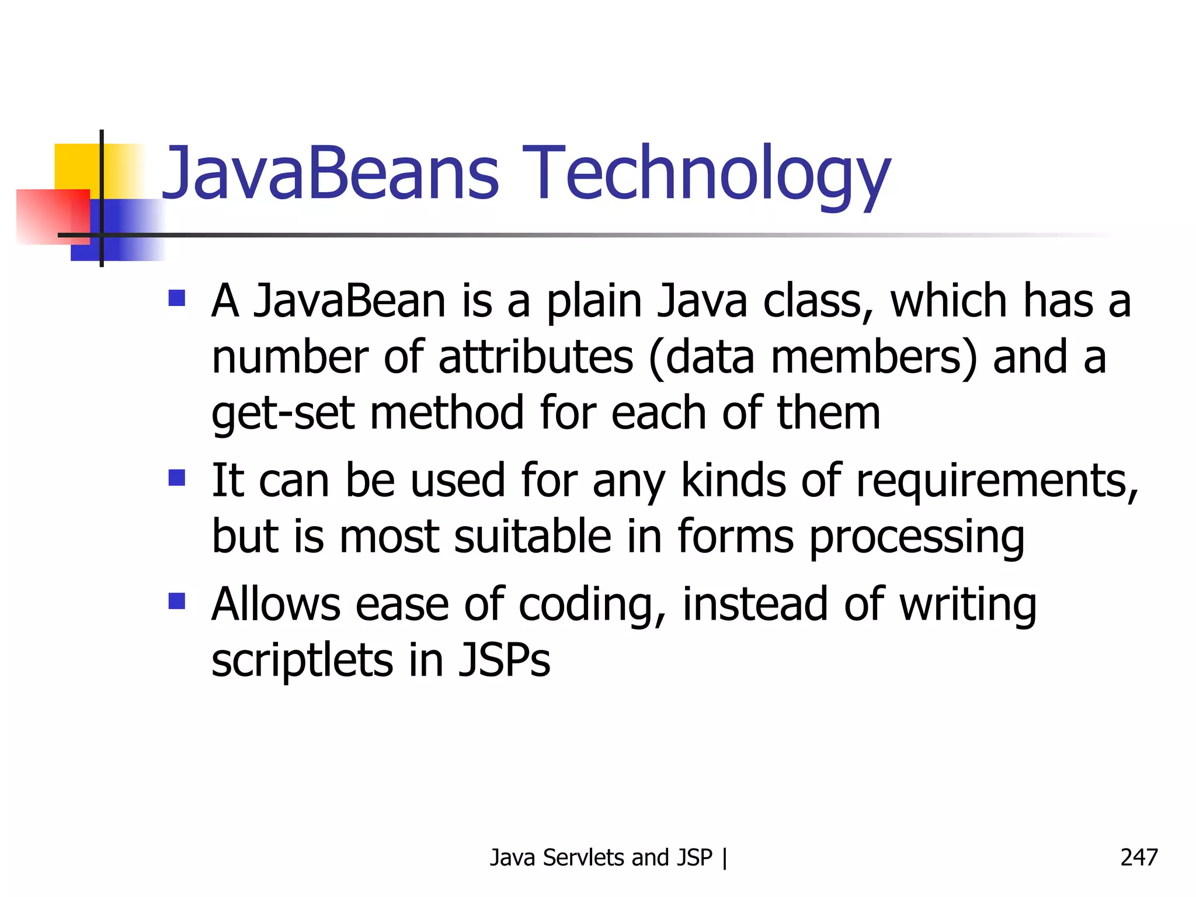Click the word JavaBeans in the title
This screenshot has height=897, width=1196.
[x=330, y=173]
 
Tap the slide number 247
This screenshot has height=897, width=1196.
[x=1138, y=857]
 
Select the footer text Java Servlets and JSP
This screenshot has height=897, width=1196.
[x=601, y=857]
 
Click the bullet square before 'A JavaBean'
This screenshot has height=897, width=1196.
[x=176, y=298]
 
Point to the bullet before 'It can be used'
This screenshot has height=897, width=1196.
[x=176, y=478]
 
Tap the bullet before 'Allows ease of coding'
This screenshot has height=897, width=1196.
[x=176, y=601]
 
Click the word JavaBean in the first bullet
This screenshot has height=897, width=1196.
[x=349, y=301]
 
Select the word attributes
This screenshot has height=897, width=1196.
[x=536, y=357]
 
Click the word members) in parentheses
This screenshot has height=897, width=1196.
[x=874, y=357]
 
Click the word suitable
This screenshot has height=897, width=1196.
[x=533, y=537]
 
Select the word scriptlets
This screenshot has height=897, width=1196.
[x=302, y=660]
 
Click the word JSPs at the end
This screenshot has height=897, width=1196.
[x=504, y=660]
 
